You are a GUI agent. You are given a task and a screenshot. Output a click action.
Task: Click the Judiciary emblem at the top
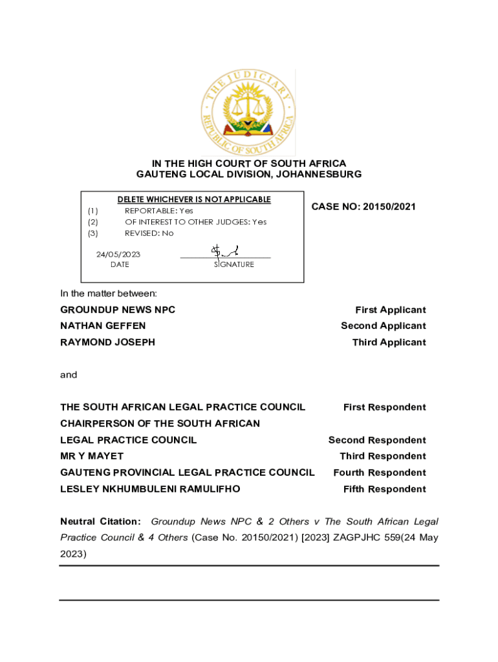[249, 112]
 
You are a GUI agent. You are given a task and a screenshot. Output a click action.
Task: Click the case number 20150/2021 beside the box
[363, 207]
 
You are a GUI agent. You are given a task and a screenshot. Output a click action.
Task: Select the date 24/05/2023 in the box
[118, 254]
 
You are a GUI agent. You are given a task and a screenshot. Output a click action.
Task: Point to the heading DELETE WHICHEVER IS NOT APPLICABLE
[193, 199]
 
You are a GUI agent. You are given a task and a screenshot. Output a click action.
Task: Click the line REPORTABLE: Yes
[158, 211]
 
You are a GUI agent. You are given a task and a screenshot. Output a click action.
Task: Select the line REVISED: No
[149, 233]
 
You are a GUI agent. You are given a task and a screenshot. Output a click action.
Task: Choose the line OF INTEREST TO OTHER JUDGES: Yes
[195, 222]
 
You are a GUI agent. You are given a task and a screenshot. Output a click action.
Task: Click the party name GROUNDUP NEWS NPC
[118, 310]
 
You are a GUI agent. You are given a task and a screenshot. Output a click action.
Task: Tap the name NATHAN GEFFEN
[103, 326]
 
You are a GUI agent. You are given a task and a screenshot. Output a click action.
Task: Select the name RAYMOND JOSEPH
[107, 342]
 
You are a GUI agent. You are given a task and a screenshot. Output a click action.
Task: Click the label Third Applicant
[389, 342]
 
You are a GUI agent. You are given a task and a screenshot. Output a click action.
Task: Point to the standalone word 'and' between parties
[69, 375]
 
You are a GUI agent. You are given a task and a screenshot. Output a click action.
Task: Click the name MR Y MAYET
[92, 456]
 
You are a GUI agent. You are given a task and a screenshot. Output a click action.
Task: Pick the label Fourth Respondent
[379, 473]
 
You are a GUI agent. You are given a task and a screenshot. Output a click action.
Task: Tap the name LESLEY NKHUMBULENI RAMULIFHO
[150, 489]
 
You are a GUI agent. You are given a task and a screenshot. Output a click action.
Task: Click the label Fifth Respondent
[384, 489]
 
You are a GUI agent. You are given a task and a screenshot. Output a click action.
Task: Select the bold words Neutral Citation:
[100, 522]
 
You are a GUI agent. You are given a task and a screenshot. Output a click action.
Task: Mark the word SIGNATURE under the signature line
[233, 264]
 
